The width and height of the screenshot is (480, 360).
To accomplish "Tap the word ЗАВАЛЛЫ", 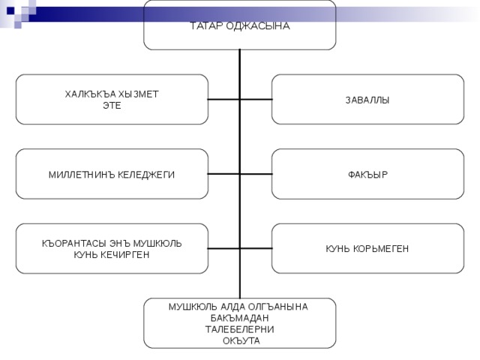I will [367, 100].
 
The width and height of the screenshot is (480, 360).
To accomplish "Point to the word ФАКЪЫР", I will [367, 175].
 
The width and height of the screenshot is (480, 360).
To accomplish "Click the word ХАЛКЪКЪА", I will [90, 94].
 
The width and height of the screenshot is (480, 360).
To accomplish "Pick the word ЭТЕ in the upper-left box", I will [112, 106].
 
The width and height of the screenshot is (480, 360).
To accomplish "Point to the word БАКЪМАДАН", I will [240, 318].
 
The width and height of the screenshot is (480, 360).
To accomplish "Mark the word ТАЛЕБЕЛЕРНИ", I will [240, 329].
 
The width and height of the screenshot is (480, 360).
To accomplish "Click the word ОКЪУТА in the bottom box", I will [240, 340].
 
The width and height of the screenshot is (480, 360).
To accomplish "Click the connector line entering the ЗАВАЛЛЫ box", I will [256, 100].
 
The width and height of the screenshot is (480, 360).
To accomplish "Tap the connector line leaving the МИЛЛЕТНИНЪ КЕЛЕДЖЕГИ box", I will [223, 174].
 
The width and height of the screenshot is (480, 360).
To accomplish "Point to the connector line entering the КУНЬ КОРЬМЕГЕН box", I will [256, 248].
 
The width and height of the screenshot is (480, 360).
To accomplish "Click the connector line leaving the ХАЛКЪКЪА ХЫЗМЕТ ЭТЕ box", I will [223, 100].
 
